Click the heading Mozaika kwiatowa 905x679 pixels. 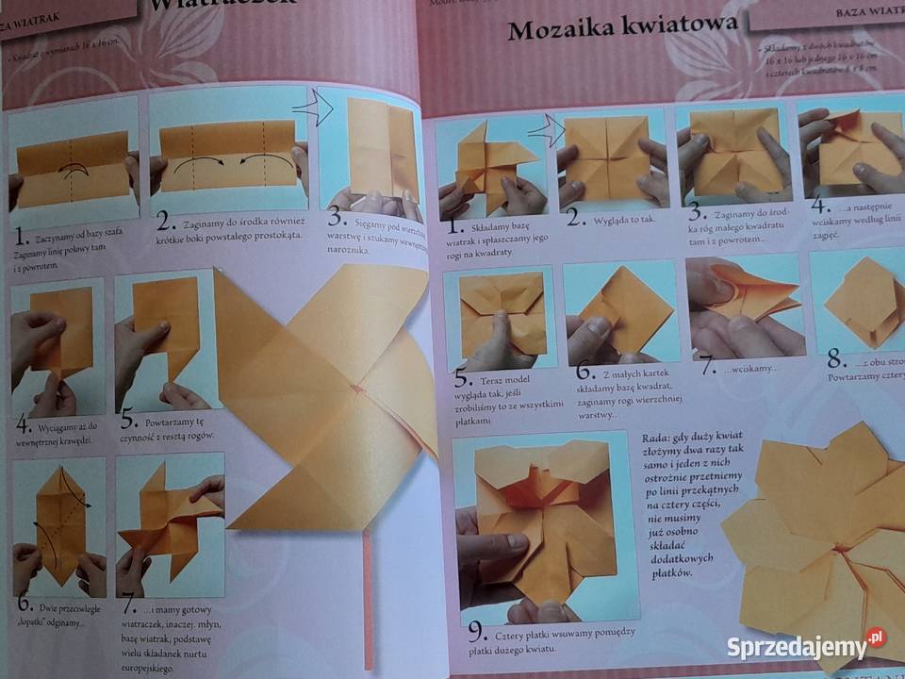coord(622,27)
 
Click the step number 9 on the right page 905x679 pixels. coord(478,631)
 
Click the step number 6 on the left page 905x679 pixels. coord(25,604)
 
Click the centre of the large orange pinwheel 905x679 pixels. coord(356,388)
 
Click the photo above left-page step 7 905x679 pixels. coord(170,521)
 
